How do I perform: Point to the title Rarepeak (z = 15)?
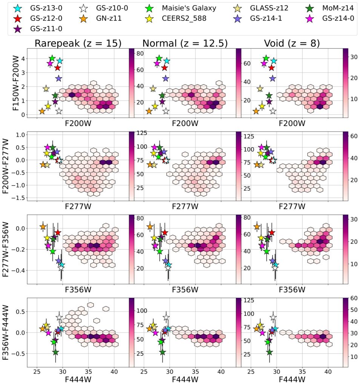click(x=78, y=43)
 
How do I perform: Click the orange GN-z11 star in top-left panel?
click(x=42, y=111)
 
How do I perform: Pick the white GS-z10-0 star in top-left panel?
click(x=59, y=111)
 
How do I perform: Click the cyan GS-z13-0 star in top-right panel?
click(x=274, y=61)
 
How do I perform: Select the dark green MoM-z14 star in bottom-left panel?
click(x=55, y=352)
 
